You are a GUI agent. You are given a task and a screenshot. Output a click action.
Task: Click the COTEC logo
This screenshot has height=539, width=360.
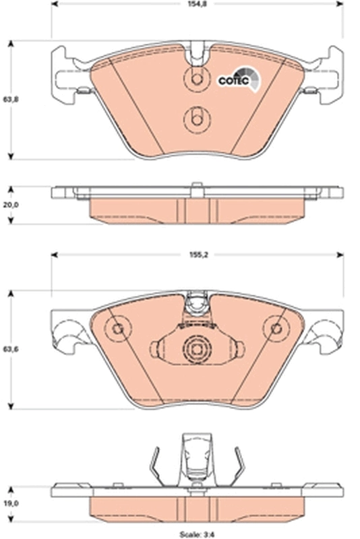pyautogui.click(x=235, y=79)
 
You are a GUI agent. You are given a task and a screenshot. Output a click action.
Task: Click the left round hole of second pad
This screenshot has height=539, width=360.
pyautogui.click(x=119, y=329)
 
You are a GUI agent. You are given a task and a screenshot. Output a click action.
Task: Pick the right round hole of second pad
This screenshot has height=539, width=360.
pyautogui.click(x=275, y=329)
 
